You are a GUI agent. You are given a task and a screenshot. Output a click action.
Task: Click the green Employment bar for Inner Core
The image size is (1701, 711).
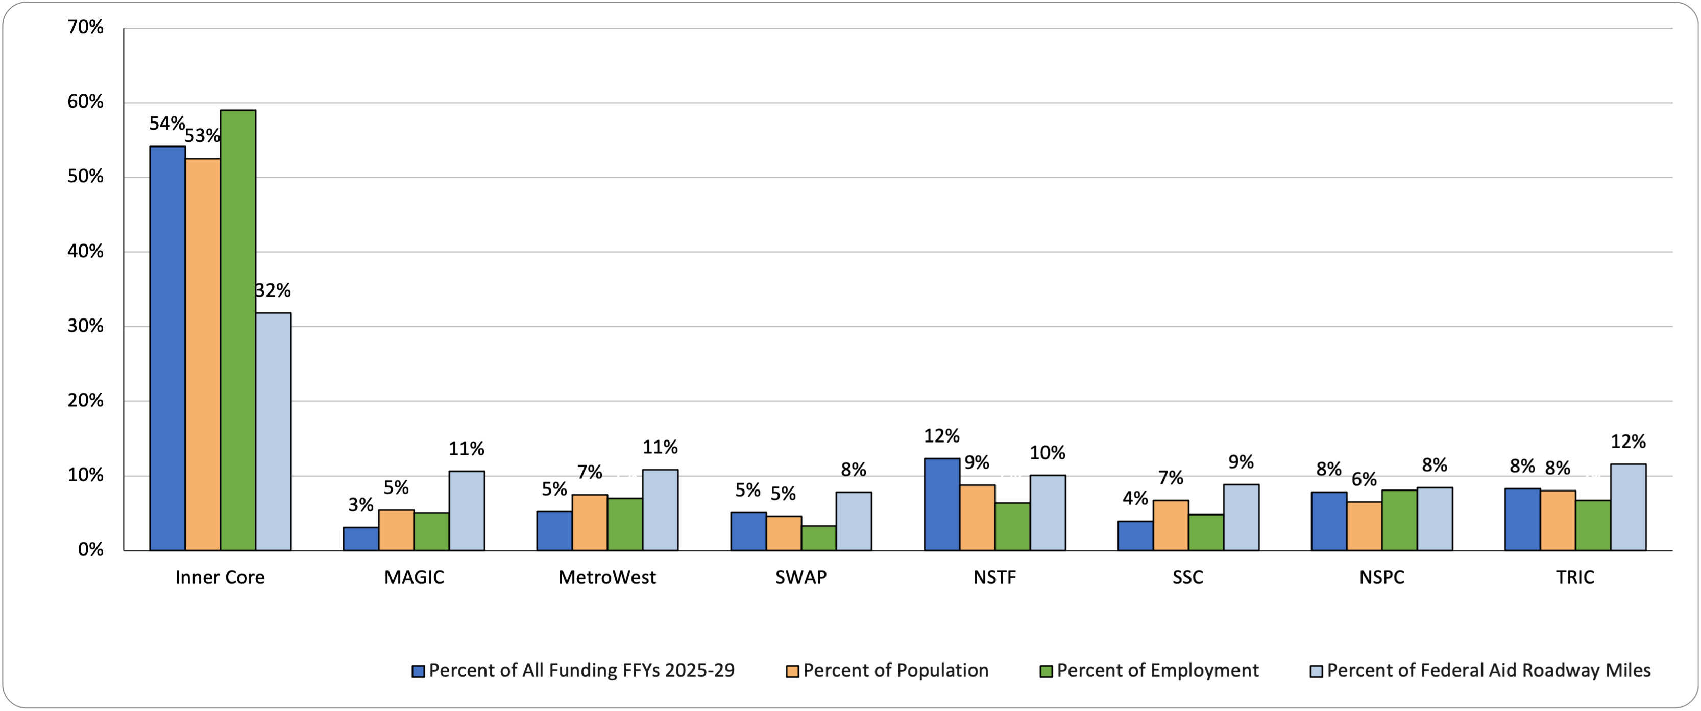(238, 330)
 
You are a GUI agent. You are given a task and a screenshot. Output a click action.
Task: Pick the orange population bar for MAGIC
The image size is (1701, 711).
(396, 530)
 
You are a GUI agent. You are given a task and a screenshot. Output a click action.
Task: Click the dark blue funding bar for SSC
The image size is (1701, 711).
(1135, 536)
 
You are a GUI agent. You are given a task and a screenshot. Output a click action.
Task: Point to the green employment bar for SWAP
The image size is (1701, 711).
(819, 538)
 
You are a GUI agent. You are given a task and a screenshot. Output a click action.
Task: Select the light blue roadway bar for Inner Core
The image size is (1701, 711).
(274, 432)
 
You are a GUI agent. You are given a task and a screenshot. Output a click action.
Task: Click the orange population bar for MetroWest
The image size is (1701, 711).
(590, 522)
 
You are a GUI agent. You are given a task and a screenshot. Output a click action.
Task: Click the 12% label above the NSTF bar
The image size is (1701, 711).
(941, 436)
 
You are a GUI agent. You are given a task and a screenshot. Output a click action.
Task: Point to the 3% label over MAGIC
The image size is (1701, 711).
(360, 505)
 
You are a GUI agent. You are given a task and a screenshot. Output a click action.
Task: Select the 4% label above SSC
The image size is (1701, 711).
(1135, 499)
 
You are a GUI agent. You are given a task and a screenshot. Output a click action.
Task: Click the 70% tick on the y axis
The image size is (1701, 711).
(86, 28)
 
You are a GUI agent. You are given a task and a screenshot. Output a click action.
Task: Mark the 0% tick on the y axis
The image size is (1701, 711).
(90, 550)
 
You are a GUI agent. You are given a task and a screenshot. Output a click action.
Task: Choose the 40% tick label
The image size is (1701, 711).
(86, 252)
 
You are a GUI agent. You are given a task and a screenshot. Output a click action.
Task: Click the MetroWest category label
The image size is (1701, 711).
(607, 578)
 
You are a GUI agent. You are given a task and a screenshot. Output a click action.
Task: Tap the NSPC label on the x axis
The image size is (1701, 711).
(1381, 578)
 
